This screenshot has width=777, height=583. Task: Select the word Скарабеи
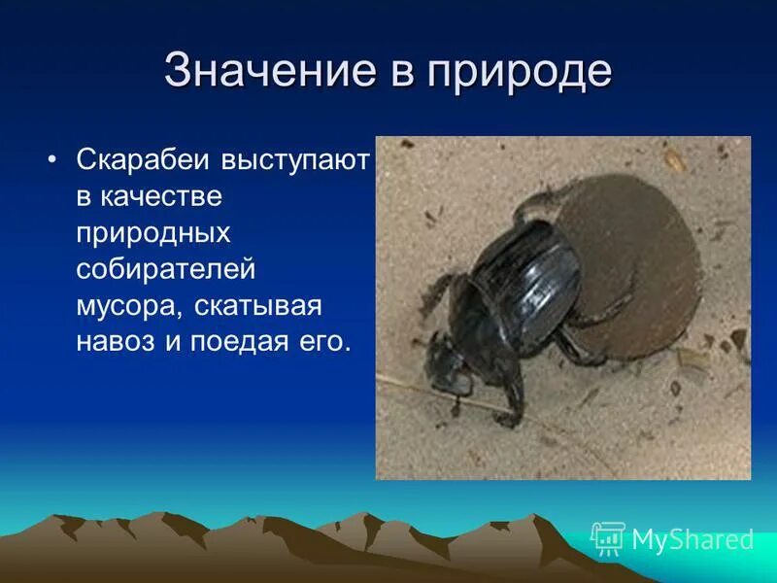pyautogui.click(x=145, y=159)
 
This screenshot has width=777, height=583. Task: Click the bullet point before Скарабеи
pyautogui.click(x=53, y=158)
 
